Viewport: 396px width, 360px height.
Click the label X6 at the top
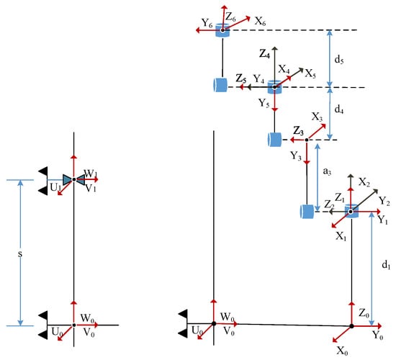click(x=261, y=21)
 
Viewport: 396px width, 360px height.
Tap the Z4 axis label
click(x=264, y=53)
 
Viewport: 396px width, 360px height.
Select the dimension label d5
click(x=339, y=60)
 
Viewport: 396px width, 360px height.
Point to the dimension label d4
click(x=338, y=109)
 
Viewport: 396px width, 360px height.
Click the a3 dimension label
click(x=327, y=171)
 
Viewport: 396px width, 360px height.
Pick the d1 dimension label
click(x=386, y=265)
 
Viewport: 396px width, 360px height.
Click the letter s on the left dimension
click(x=20, y=254)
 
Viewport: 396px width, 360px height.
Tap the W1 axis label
click(x=91, y=174)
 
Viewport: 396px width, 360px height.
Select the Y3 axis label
click(x=296, y=156)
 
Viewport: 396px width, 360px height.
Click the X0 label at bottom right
click(x=343, y=351)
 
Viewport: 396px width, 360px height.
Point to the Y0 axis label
click(x=378, y=336)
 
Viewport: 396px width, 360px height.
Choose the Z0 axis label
click(x=364, y=313)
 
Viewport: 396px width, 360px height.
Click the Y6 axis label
click(x=207, y=23)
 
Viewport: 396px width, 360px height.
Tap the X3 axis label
click(x=317, y=117)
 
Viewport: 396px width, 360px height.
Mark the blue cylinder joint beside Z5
click(x=220, y=85)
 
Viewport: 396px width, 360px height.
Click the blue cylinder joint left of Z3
click(x=274, y=140)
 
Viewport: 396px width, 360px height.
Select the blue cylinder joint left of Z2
click(x=307, y=212)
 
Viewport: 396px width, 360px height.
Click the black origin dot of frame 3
click(x=307, y=140)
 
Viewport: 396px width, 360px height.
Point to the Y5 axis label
click(x=264, y=104)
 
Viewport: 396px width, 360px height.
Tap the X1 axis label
click(x=341, y=236)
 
